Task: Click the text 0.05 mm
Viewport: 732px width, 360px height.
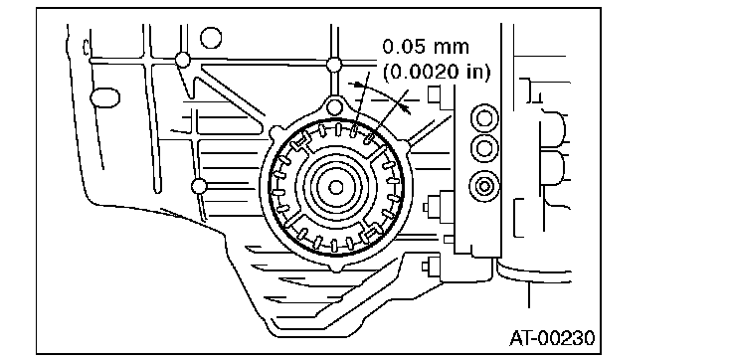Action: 426,47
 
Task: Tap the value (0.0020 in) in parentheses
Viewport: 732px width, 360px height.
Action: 436,72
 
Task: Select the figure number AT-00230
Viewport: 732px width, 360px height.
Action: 552,338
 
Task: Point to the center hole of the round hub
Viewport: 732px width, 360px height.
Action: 335,187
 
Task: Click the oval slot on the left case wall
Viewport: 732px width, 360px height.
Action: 104,97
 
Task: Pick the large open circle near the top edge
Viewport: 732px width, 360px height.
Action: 211,38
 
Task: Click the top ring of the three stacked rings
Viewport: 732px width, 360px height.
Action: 484,119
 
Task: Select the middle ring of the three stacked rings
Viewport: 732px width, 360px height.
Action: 484,149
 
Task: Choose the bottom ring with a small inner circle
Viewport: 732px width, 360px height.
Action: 484,186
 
